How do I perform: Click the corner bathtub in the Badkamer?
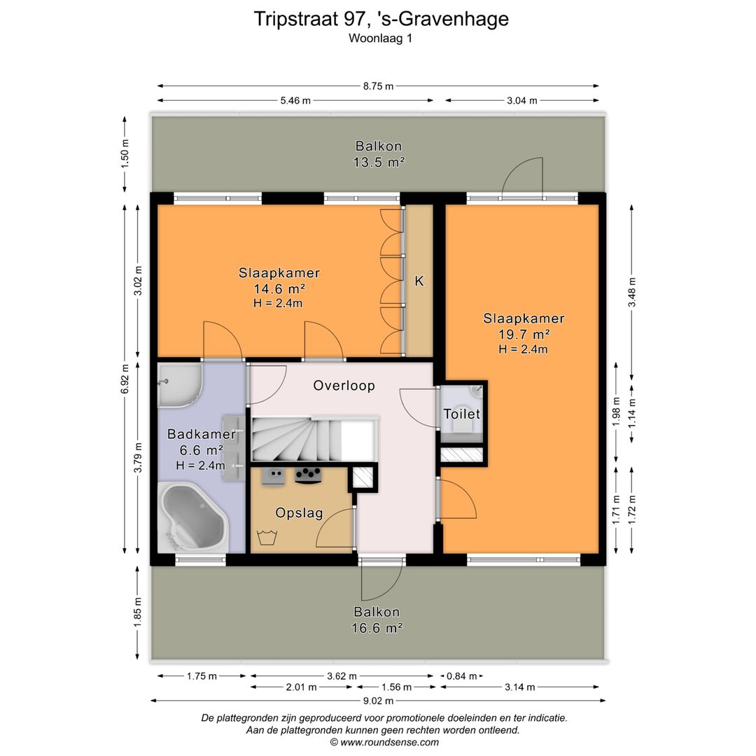coord(193,517)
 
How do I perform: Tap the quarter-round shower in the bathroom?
coord(179,386)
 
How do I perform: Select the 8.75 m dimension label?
coord(379,86)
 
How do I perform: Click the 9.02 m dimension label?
coord(378,701)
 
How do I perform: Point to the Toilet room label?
coord(462,414)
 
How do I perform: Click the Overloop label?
coord(344,386)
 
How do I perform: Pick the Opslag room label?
coord(299,513)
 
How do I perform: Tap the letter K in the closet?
coord(419,281)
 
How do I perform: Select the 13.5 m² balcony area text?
coord(379,162)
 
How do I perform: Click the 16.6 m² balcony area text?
coord(377,628)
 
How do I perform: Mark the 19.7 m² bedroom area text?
coord(524,334)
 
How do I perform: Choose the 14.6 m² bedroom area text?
coord(279,289)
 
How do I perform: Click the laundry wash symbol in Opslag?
coord(267,537)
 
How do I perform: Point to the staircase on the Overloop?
coord(314,440)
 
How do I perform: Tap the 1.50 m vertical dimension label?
coord(125,154)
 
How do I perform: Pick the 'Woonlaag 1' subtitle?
coord(380,38)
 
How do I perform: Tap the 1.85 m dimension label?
coord(138,612)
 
